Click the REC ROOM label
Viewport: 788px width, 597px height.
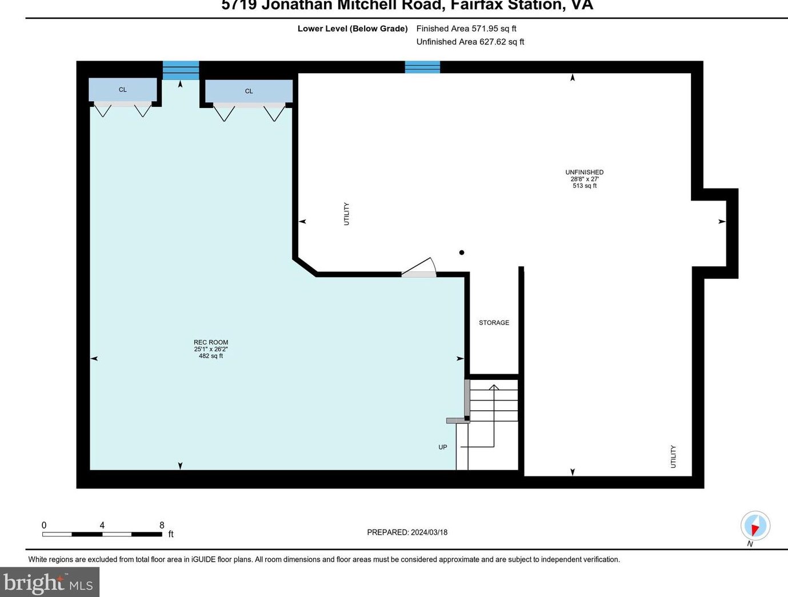(211, 342)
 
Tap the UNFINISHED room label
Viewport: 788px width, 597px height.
(584, 172)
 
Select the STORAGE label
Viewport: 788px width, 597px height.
(494, 323)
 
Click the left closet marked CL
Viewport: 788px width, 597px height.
(123, 90)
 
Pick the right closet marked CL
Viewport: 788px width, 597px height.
(249, 91)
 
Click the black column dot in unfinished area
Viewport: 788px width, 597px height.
(462, 253)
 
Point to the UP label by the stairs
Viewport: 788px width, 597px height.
(443, 447)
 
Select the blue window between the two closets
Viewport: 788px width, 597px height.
(181, 70)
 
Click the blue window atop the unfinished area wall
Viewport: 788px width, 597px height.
(422, 67)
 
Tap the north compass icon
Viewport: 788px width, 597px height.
(755, 526)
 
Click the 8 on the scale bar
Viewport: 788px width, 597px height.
(162, 525)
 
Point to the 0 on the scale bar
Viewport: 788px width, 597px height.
(44, 525)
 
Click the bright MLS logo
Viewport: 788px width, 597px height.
(49, 582)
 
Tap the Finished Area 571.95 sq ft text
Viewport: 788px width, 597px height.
(466, 29)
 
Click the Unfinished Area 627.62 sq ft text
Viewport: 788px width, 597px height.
(470, 42)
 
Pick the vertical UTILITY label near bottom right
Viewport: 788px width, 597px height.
(673, 456)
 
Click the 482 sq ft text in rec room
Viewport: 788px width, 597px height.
(211, 356)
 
